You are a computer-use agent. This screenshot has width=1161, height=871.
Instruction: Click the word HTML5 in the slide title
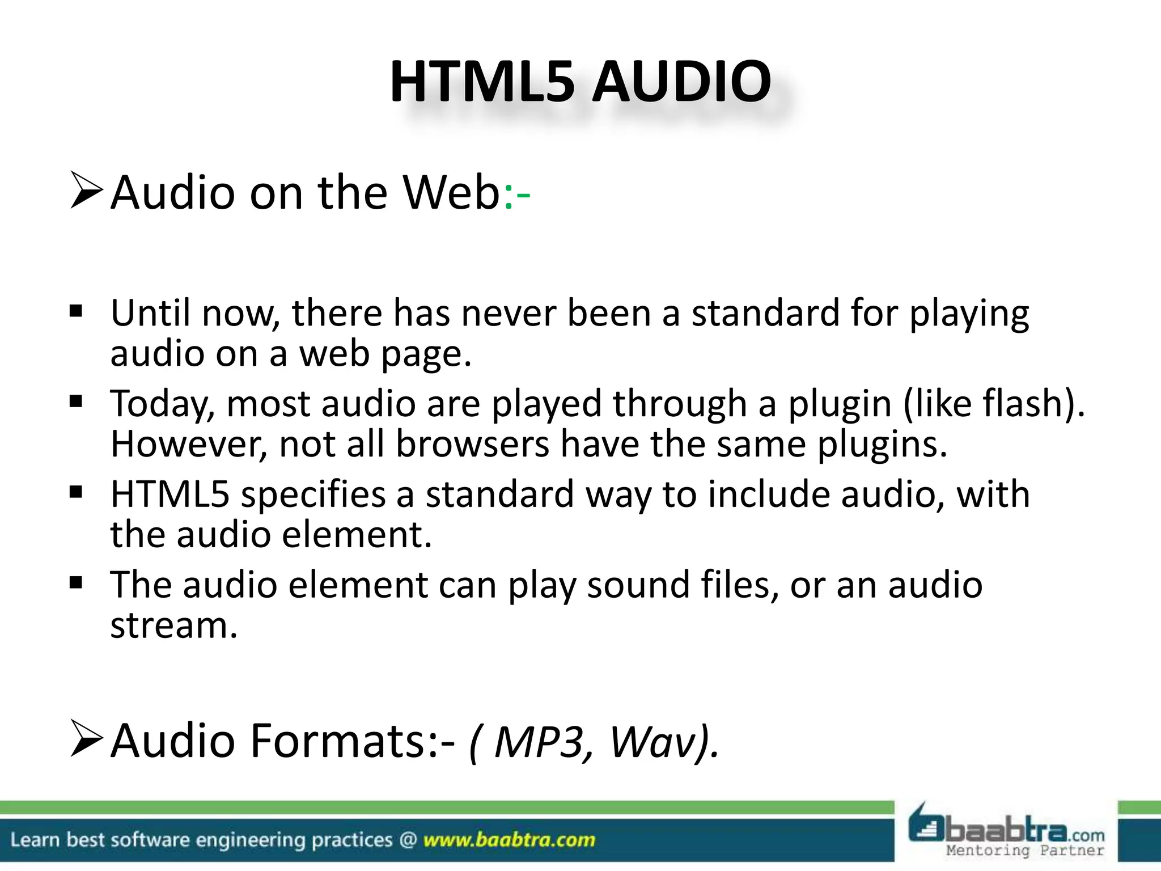point(482,83)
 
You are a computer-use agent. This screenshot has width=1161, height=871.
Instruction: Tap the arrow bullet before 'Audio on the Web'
point(86,192)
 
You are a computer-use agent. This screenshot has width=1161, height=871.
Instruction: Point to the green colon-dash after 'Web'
point(516,196)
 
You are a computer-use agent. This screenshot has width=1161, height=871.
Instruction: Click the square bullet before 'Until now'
point(76,311)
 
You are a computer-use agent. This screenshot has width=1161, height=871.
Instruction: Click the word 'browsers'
point(472,444)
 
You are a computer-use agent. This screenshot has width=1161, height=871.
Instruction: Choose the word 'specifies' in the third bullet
point(313,495)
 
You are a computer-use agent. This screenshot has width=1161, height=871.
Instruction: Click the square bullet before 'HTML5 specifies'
point(76,492)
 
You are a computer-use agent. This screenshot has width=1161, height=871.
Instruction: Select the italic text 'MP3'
point(539,742)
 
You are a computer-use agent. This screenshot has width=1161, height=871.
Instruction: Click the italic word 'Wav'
point(651,742)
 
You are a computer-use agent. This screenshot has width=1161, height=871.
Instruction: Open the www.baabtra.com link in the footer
point(509,840)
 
